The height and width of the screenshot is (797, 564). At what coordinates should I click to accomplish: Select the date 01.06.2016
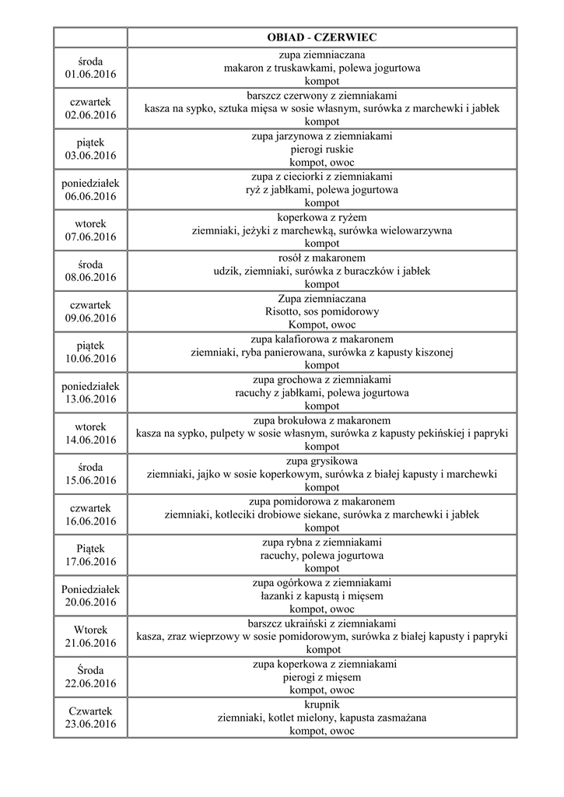(x=90, y=74)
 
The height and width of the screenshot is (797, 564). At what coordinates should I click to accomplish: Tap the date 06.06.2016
(x=90, y=195)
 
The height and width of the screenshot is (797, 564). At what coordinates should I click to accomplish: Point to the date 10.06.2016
(x=90, y=358)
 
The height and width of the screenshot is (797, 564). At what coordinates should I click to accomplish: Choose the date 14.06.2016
(x=90, y=440)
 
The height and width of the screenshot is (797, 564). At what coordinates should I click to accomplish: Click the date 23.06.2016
(x=90, y=724)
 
